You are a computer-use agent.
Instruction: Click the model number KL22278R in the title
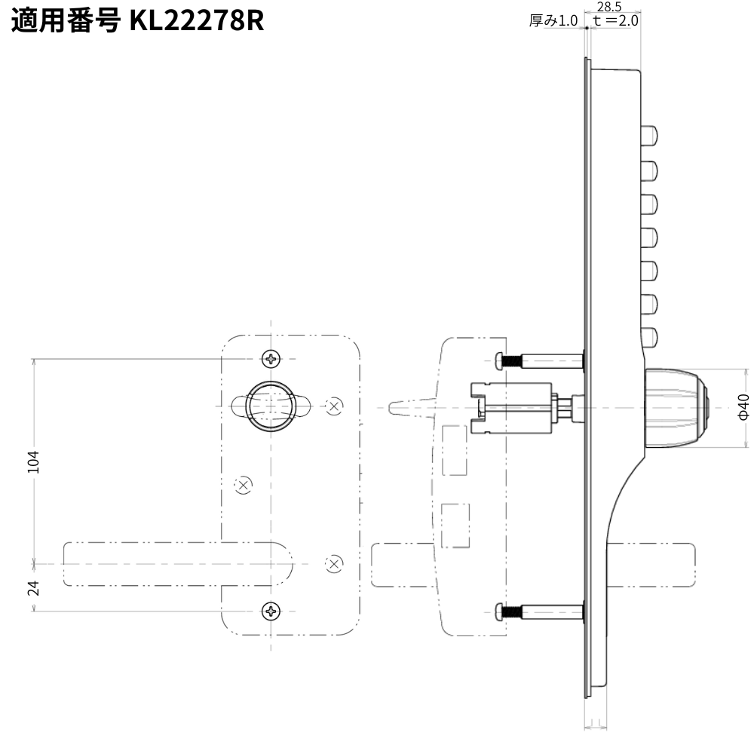click(197, 21)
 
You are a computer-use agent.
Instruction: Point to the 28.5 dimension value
click(609, 7)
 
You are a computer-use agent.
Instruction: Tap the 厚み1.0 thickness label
click(553, 21)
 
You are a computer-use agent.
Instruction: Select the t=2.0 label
click(616, 21)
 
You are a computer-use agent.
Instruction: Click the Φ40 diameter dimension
click(743, 407)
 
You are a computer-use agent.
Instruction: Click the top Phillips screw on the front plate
click(271, 358)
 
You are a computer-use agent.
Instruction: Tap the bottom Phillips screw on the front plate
click(271, 611)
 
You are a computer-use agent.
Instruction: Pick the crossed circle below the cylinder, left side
click(244, 486)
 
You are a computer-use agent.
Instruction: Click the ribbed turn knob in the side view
click(675, 408)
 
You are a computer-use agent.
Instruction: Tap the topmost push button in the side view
click(648, 136)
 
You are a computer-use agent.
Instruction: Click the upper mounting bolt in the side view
click(539, 361)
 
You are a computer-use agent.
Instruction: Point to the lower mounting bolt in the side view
click(539, 613)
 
